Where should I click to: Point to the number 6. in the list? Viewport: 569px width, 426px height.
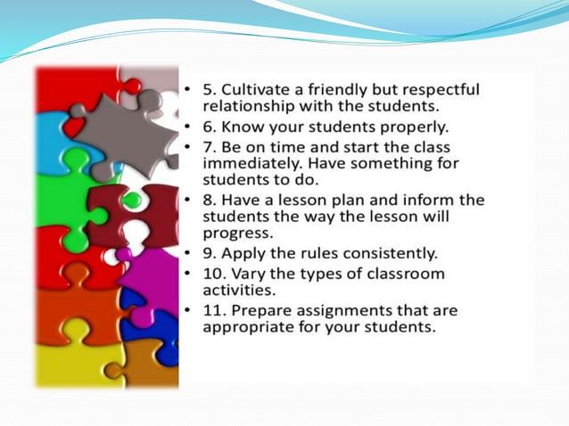pos(210,127)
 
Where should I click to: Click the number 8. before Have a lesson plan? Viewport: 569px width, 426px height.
pos(210,200)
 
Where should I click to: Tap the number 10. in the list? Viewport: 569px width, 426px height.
pos(215,273)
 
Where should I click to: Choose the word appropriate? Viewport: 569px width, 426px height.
pos(252,327)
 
